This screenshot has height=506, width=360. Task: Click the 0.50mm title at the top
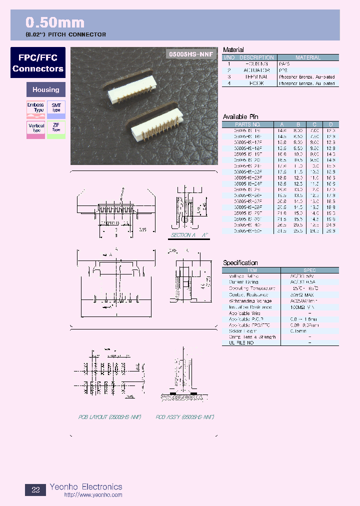[x=55, y=22]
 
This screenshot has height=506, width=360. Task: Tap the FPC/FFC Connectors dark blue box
[x=38, y=63]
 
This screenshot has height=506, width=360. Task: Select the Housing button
[x=45, y=90]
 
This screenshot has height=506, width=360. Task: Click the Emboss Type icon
[x=35, y=109]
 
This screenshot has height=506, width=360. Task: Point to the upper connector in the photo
[x=132, y=84]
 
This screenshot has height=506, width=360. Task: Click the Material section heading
[x=233, y=49]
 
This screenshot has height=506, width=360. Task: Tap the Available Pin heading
[x=240, y=116]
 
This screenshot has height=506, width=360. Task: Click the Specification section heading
[x=240, y=262]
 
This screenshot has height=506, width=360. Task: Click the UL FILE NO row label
[x=241, y=343]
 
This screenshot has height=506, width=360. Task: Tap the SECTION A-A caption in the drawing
[x=189, y=234]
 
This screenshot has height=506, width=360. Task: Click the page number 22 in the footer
[x=35, y=489]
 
